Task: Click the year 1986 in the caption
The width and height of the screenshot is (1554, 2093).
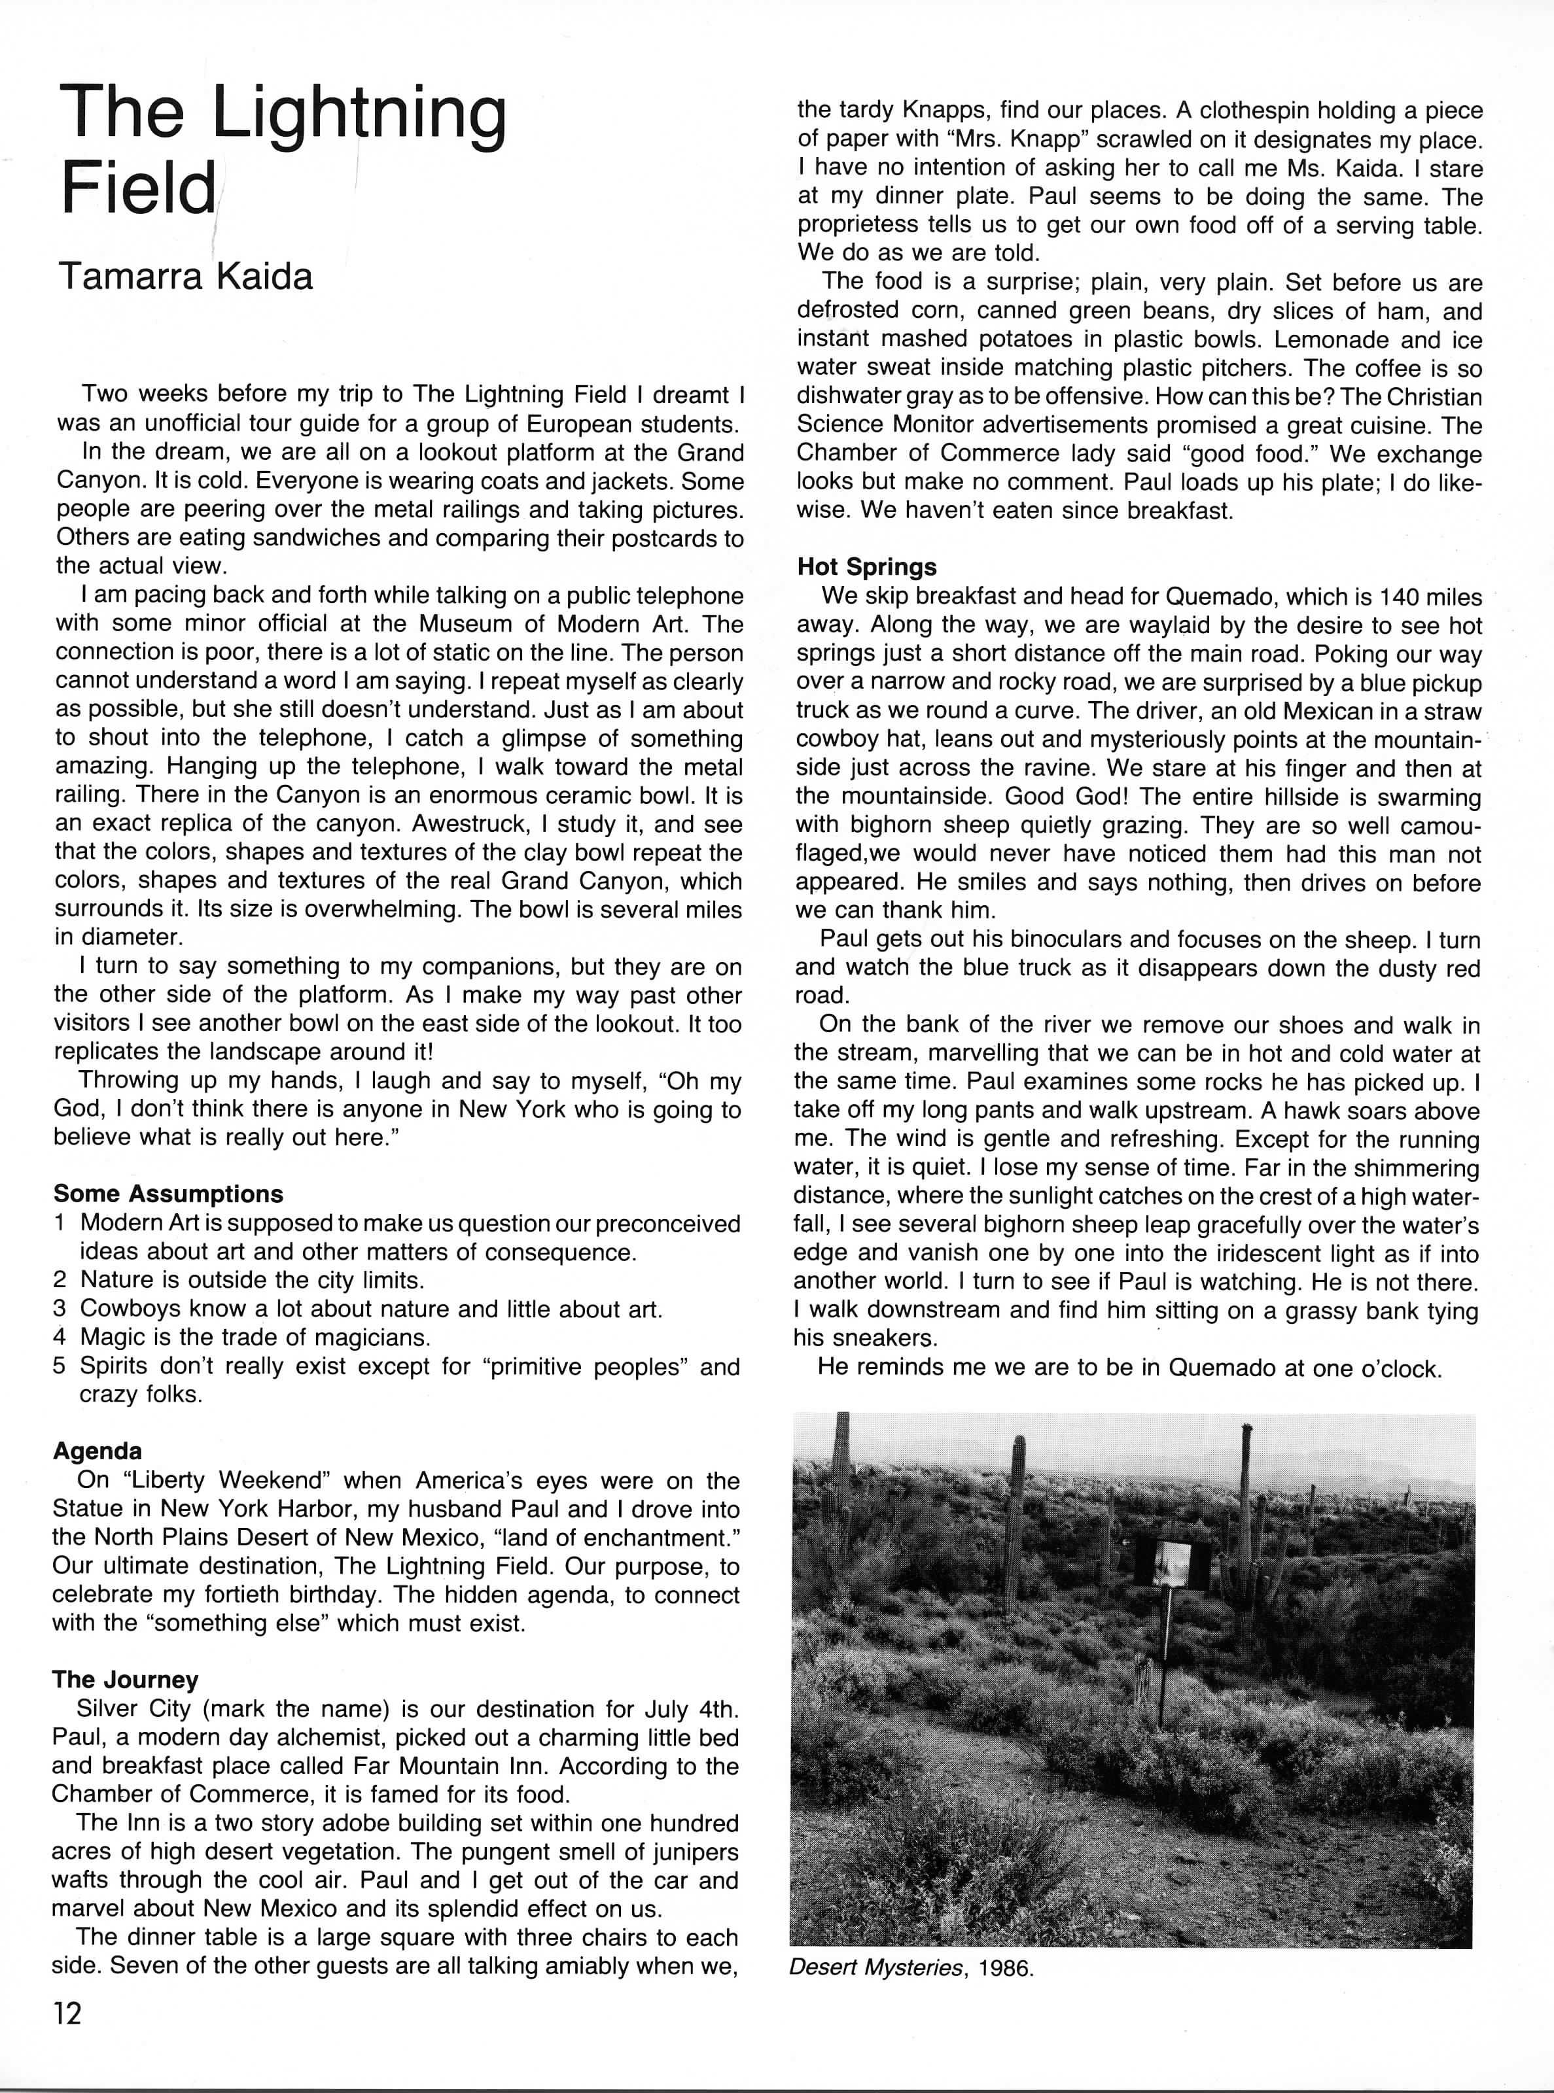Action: [1006, 1968]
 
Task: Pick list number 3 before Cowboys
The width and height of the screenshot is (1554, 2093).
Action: [60, 1308]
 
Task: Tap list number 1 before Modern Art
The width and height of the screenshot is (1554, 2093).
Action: [60, 1222]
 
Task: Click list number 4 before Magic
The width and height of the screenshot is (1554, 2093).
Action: [60, 1336]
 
